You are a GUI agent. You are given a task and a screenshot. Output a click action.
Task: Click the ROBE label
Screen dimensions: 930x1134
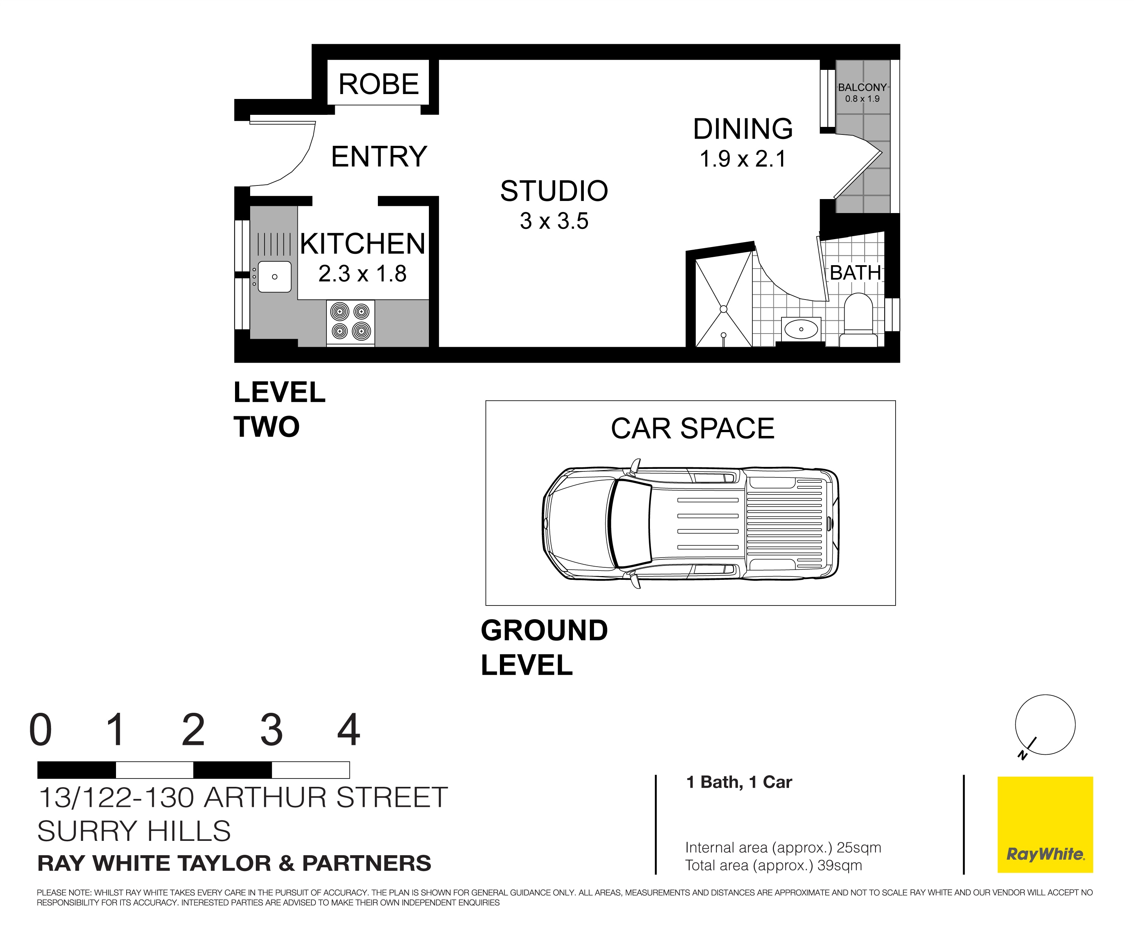click(378, 84)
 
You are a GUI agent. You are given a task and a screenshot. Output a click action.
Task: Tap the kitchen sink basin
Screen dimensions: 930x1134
click(274, 277)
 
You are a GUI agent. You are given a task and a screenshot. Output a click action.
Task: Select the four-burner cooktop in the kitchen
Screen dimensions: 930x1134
click(351, 321)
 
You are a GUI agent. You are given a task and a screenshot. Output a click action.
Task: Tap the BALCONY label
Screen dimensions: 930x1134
click(862, 87)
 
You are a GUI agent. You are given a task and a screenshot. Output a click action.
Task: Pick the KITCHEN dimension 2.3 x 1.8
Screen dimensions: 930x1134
click(362, 274)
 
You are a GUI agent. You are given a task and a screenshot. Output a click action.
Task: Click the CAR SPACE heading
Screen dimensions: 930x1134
click(692, 429)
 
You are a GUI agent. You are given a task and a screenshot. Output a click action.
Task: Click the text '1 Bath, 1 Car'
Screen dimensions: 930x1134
click(738, 782)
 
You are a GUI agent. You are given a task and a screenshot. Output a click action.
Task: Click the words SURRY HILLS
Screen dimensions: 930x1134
click(134, 831)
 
